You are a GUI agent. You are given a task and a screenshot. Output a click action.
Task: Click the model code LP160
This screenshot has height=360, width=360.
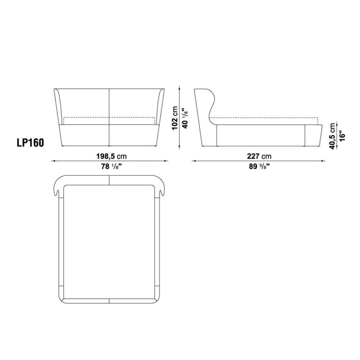point(30,143)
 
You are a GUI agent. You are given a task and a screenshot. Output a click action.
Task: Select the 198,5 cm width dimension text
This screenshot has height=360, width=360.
point(111,156)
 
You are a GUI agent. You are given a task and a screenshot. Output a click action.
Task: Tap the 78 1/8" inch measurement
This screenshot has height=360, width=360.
point(111,166)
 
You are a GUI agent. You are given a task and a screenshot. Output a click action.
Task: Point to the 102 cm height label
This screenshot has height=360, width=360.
point(175,118)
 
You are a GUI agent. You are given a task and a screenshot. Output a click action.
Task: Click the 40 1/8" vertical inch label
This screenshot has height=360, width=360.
point(184,118)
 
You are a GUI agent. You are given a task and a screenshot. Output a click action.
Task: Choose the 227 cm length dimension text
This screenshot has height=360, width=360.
point(259,156)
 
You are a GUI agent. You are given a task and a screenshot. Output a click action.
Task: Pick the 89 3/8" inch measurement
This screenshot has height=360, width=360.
point(259,166)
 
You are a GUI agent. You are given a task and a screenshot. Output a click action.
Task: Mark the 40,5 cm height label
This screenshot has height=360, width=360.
point(332,136)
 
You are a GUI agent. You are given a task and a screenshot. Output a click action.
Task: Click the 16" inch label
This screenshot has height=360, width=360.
point(342,136)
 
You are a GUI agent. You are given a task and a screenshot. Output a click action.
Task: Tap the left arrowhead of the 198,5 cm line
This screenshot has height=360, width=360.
point(53,161)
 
